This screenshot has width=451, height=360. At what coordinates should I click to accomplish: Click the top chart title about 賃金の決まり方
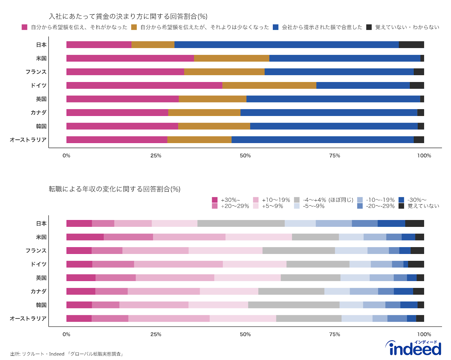coord(128,16)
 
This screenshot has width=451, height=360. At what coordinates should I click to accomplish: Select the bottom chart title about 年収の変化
coord(114,189)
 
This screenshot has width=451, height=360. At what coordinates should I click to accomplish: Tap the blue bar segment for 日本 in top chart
coord(286,45)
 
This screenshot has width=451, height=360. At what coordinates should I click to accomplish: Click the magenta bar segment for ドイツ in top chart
coord(144,85)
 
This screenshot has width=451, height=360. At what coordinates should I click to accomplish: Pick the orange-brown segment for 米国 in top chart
coord(231,58)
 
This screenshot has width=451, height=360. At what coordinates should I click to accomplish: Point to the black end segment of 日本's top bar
coord(411,45)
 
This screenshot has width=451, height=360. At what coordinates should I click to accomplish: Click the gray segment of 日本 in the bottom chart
coord(241,223)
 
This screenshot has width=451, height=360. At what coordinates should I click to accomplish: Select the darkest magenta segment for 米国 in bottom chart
coord(85,237)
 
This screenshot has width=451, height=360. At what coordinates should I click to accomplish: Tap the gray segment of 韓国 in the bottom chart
coord(294,305)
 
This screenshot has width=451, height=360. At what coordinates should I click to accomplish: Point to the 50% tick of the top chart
coord(245,156)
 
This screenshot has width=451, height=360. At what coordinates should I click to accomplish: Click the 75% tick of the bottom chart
coord(335,334)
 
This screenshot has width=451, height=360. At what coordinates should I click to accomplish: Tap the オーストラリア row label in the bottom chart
coord(28,319)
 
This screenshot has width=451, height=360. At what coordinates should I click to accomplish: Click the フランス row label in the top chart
coord(36,72)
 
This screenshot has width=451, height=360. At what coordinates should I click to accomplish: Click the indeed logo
coord(413,348)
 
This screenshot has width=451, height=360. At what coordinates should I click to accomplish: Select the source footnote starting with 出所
coord(67,354)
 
